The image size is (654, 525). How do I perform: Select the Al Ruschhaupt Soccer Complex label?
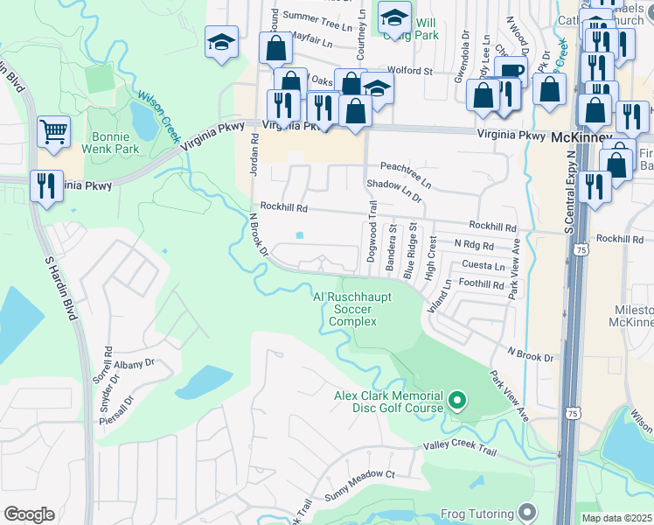point(353,309)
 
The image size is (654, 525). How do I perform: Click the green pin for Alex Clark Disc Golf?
point(456,402)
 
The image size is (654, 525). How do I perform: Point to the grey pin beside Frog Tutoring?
point(525,511)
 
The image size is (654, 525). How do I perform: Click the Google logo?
point(29,514)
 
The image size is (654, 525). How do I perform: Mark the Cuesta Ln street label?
point(486,266)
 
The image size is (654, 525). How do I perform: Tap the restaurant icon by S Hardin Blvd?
point(46,186)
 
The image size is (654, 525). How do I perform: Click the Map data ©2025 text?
point(616,518)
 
